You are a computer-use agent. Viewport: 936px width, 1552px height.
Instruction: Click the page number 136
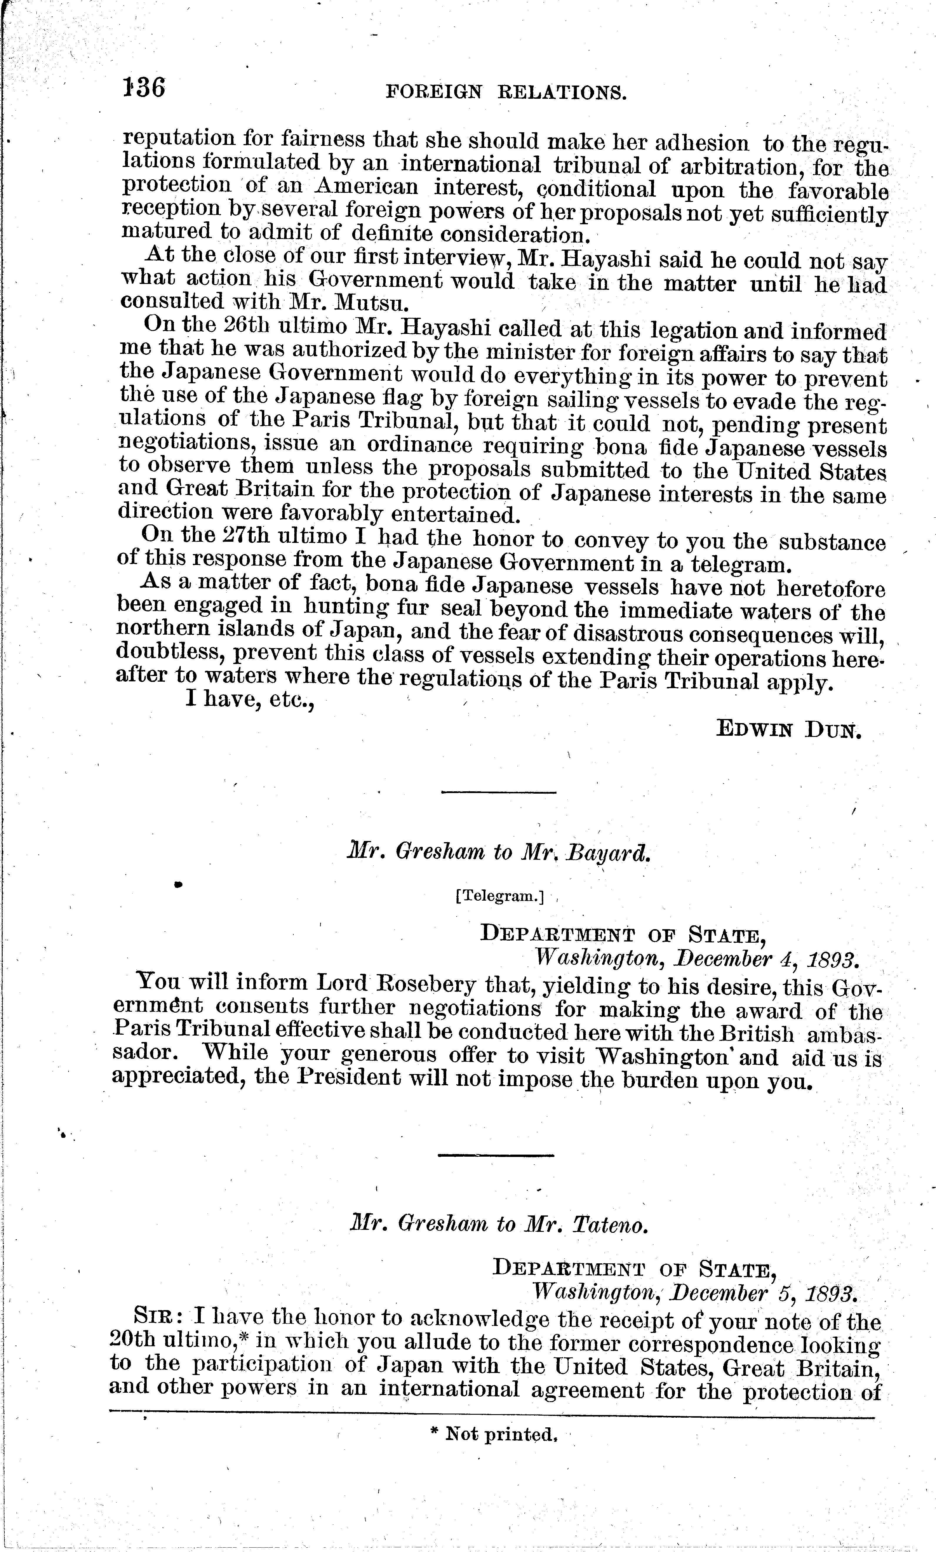point(144,88)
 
